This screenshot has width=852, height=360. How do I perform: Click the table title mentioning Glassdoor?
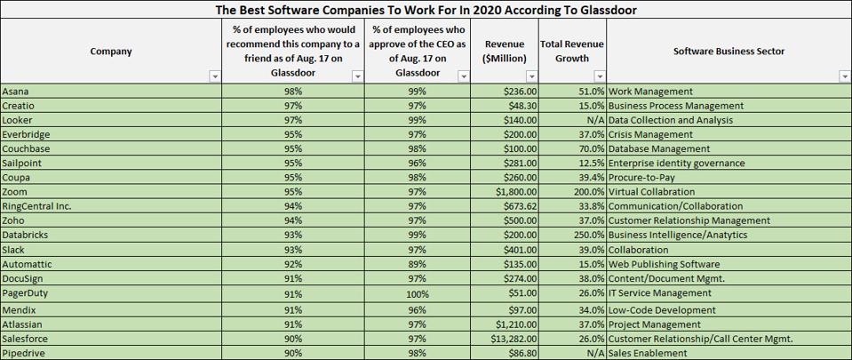426,10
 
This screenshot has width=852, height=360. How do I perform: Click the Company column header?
111,52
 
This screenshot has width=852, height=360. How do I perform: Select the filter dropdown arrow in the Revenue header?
530,77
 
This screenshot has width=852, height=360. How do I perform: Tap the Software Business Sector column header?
729,52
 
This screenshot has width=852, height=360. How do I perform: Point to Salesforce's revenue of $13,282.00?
508,339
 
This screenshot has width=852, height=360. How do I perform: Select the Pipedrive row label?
23,353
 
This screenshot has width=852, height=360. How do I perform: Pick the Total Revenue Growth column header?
572,52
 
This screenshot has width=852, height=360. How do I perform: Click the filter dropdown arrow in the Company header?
214,77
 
